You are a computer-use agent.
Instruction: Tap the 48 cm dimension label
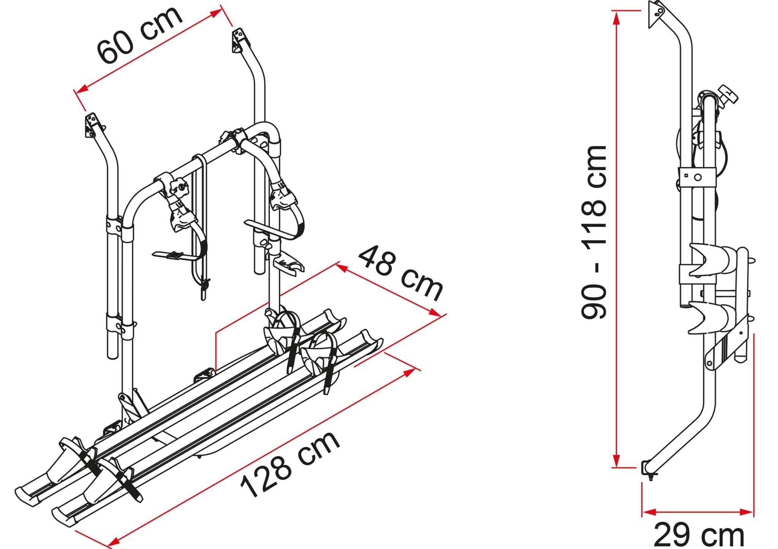pos(401,273)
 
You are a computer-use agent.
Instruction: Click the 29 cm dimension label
pos(698,535)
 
